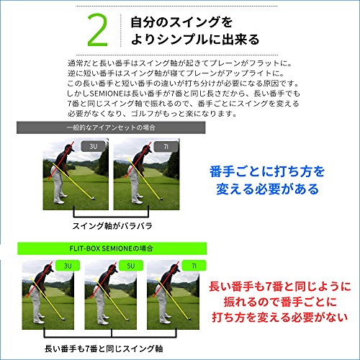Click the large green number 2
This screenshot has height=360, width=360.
point(98,30)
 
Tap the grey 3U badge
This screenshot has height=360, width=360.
point(93,146)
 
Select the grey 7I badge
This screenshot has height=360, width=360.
point(166,146)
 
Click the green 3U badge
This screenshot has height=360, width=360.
point(68,266)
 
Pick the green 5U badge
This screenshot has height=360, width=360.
point(131,266)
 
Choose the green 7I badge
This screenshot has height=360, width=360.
point(194,266)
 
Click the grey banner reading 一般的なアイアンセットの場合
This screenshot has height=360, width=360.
point(111,127)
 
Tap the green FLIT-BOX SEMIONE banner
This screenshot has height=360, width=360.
point(112,248)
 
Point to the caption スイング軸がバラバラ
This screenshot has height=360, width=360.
point(112,226)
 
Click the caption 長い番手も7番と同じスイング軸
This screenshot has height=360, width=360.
point(104,348)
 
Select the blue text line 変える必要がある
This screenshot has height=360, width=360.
point(267,189)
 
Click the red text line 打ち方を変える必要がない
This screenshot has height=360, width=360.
point(280,318)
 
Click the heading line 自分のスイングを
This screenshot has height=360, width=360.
point(181,22)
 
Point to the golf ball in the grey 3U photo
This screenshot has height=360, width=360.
point(92,198)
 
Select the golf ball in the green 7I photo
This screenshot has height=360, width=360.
point(189,318)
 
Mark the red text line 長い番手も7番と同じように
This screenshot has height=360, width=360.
point(280,287)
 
